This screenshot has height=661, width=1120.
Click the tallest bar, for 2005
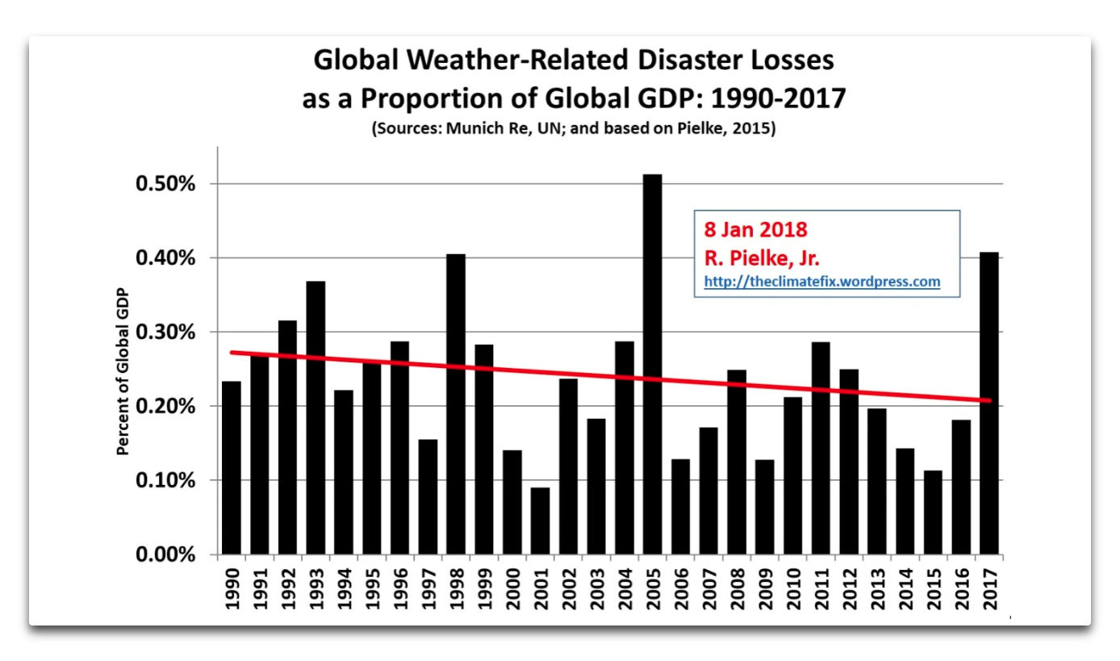652,364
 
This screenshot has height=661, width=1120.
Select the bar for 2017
988,404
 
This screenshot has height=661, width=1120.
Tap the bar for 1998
456,404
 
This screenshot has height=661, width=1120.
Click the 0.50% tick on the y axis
167,184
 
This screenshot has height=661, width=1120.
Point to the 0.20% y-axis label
167,407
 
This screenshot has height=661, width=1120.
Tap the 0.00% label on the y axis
167,555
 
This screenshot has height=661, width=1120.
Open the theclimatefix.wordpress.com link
821,282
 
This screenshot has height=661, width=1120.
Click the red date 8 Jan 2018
756,229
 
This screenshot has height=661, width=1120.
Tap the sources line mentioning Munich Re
573,129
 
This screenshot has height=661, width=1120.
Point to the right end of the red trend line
989,400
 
